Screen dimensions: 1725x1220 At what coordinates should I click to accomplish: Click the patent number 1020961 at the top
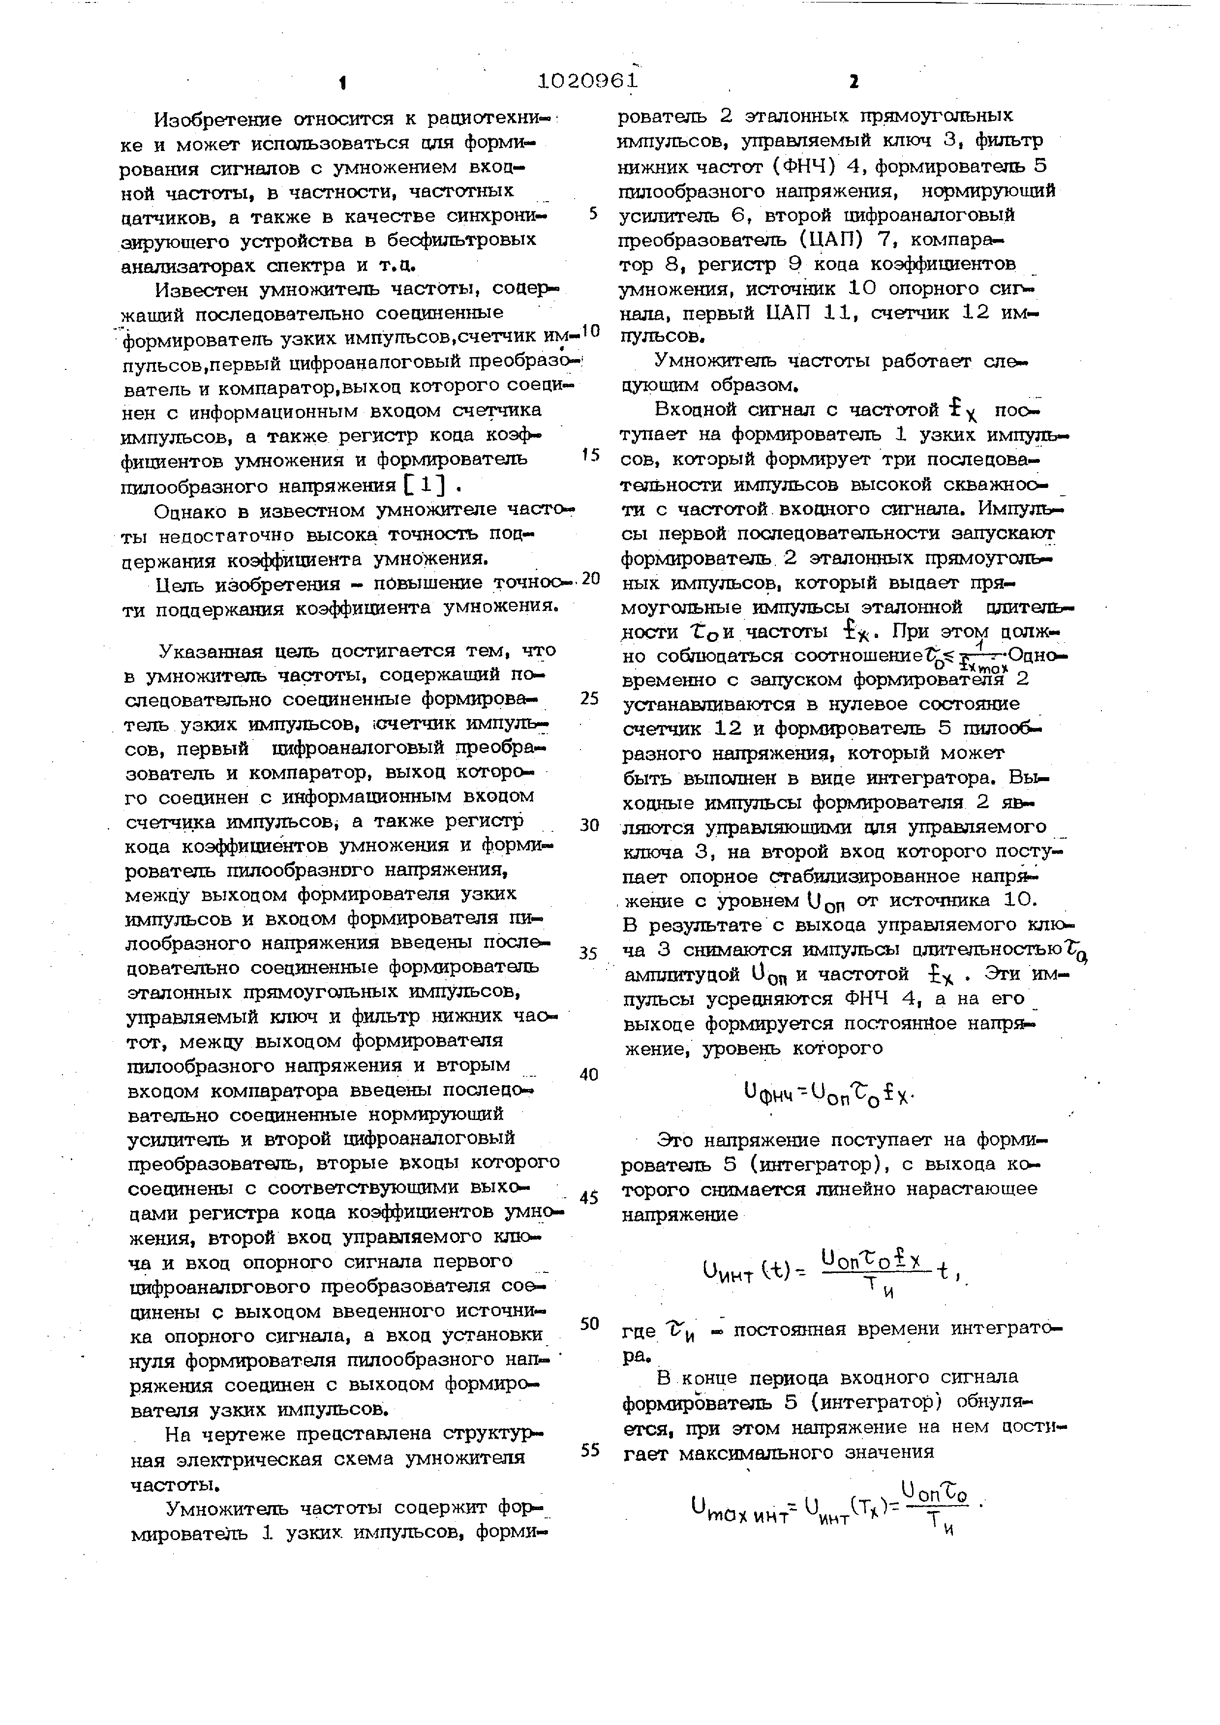(x=588, y=80)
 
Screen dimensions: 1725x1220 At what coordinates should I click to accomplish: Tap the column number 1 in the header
(x=342, y=83)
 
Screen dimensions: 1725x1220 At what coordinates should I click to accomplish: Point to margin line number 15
(x=591, y=454)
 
